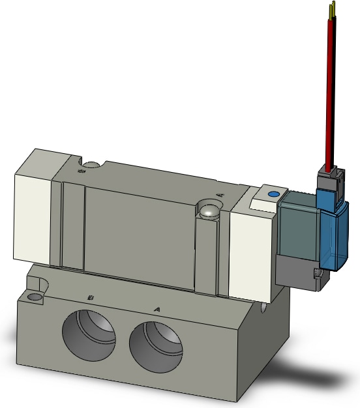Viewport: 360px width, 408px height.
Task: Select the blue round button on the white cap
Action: point(273,194)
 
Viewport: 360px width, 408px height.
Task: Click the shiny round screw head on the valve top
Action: point(209,211)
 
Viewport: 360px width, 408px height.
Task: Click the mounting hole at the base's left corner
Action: point(33,298)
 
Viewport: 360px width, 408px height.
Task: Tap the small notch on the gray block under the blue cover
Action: point(318,274)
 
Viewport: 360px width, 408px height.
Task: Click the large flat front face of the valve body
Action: point(140,235)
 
